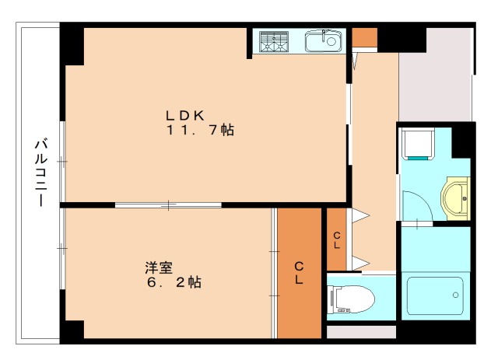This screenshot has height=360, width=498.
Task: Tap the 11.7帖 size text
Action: tap(199, 130)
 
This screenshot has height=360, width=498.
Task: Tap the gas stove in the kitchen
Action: tap(273, 41)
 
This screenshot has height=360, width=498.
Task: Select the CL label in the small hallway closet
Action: tap(336, 239)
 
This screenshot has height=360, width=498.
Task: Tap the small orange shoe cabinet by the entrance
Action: tap(364, 37)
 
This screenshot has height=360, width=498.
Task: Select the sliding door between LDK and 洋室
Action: tap(168, 205)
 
